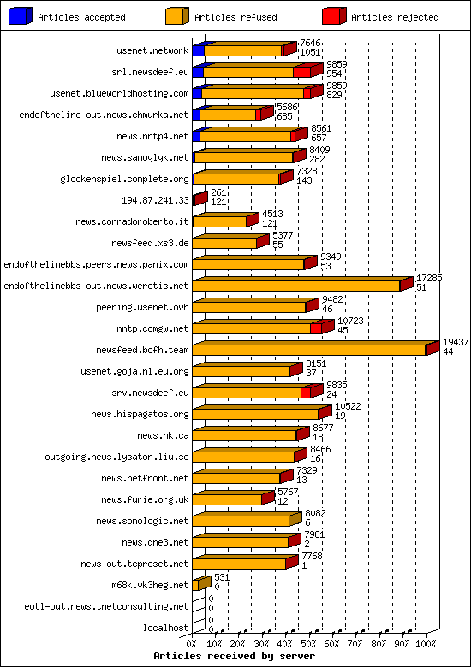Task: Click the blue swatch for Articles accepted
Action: (20, 16)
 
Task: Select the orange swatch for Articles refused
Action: (176, 16)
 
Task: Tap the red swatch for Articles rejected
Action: (333, 16)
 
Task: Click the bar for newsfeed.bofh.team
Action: (310, 350)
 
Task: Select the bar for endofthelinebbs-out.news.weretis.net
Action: (297, 286)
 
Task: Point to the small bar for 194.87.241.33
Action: (200, 199)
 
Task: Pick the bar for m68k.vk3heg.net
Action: (200, 585)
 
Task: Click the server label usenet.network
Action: (152, 50)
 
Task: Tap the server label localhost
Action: (166, 628)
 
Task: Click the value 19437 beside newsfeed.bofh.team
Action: (455, 342)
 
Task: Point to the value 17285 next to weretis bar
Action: (428, 278)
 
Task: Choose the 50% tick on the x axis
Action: (308, 643)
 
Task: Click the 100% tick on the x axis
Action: (426, 643)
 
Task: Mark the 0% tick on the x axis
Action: (193, 643)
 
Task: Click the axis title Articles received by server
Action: (234, 656)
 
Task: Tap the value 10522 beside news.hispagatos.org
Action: (347, 406)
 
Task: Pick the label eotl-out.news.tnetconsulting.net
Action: (106, 606)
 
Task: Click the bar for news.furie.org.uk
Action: (228, 499)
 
